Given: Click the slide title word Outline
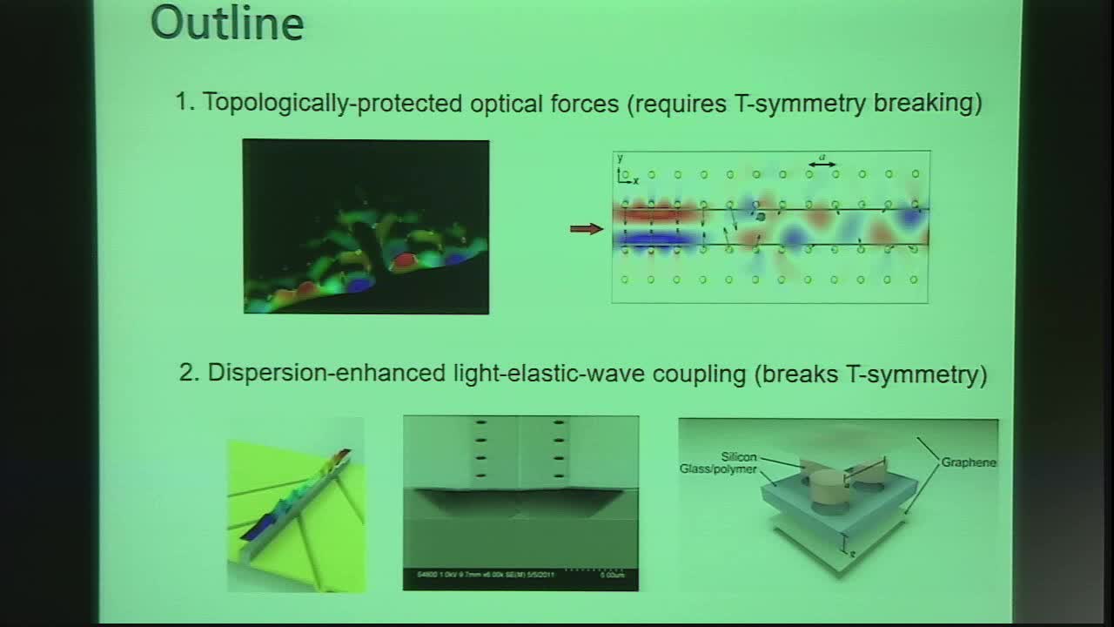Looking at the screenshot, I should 227,24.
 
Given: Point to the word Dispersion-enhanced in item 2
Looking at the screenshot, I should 326,374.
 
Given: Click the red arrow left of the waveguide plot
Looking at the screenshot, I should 587,229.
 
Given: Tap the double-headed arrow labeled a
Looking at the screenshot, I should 822,163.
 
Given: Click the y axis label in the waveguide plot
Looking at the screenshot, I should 620,158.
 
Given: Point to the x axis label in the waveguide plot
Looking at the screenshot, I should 635,180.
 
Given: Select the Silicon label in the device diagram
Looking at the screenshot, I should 738,456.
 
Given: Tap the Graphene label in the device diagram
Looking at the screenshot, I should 969,462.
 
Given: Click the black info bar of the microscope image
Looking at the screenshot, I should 520,578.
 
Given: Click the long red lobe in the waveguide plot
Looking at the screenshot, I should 658,212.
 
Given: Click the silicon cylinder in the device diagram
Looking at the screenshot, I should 822,489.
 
